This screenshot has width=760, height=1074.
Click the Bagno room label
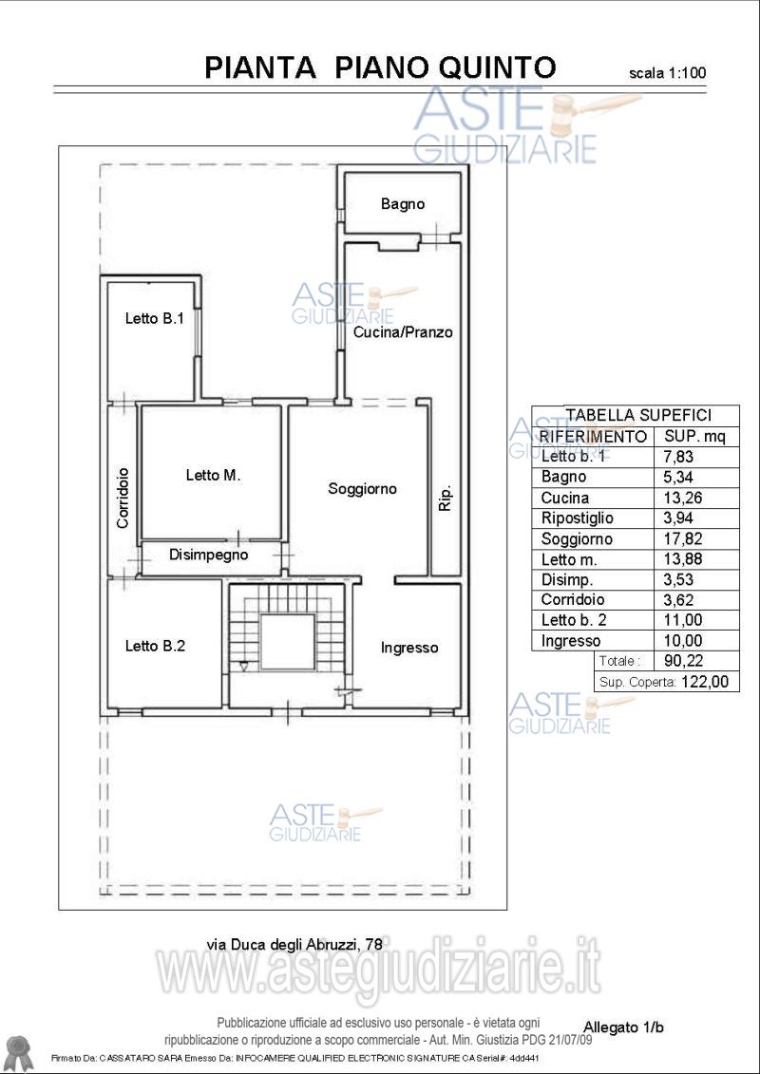tap(403, 203)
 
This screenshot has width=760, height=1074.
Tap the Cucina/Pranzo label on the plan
tap(403, 332)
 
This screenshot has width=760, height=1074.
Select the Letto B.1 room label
tap(154, 318)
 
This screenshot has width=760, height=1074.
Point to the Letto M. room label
tap(213, 475)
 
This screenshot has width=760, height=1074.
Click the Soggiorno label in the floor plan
tap(363, 488)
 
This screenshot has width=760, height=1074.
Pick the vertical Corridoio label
tap(123, 498)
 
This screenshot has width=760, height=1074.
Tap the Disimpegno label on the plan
tap(208, 555)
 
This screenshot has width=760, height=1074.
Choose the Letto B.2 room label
tap(155, 646)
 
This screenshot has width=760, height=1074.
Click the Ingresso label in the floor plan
tap(409, 648)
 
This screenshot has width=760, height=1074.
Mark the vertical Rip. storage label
tap(445, 499)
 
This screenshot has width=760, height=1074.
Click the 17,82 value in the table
tap(678, 538)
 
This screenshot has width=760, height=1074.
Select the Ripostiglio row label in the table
tap(577, 518)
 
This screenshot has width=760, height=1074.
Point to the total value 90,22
tap(678, 661)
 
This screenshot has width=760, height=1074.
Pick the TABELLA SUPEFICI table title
tap(637, 414)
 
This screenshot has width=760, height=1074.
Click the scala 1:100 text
tap(667, 72)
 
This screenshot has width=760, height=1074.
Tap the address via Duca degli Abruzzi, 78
tap(294, 945)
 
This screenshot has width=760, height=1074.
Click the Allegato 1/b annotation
tap(623, 1027)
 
